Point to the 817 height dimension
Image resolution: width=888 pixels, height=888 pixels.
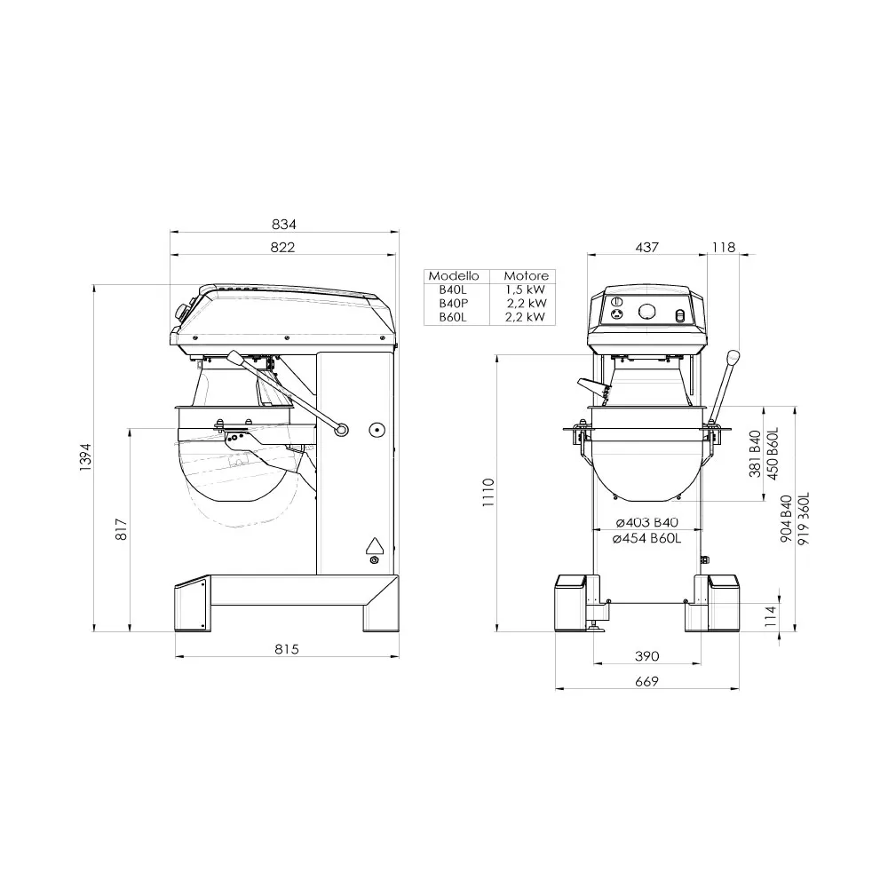(x=122, y=529)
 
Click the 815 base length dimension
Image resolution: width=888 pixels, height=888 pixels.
(x=286, y=649)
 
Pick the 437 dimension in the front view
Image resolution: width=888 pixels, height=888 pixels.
(x=647, y=248)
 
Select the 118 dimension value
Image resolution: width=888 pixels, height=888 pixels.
(x=725, y=248)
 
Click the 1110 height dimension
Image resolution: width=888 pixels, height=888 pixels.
(x=488, y=491)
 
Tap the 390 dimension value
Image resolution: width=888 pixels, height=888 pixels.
(x=647, y=656)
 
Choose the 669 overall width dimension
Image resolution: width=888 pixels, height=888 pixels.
(x=647, y=681)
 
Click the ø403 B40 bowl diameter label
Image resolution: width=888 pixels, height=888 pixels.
(x=646, y=522)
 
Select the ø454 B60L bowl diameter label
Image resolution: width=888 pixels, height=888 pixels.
(x=646, y=537)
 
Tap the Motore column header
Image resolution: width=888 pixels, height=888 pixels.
(x=526, y=276)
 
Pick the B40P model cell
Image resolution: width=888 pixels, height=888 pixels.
(x=453, y=303)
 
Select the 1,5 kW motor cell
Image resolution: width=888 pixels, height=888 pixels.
(x=526, y=289)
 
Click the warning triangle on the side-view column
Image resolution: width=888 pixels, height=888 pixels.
(x=374, y=545)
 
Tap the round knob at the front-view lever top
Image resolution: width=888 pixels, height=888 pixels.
(x=733, y=358)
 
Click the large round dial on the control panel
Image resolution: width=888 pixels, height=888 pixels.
(x=647, y=311)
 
